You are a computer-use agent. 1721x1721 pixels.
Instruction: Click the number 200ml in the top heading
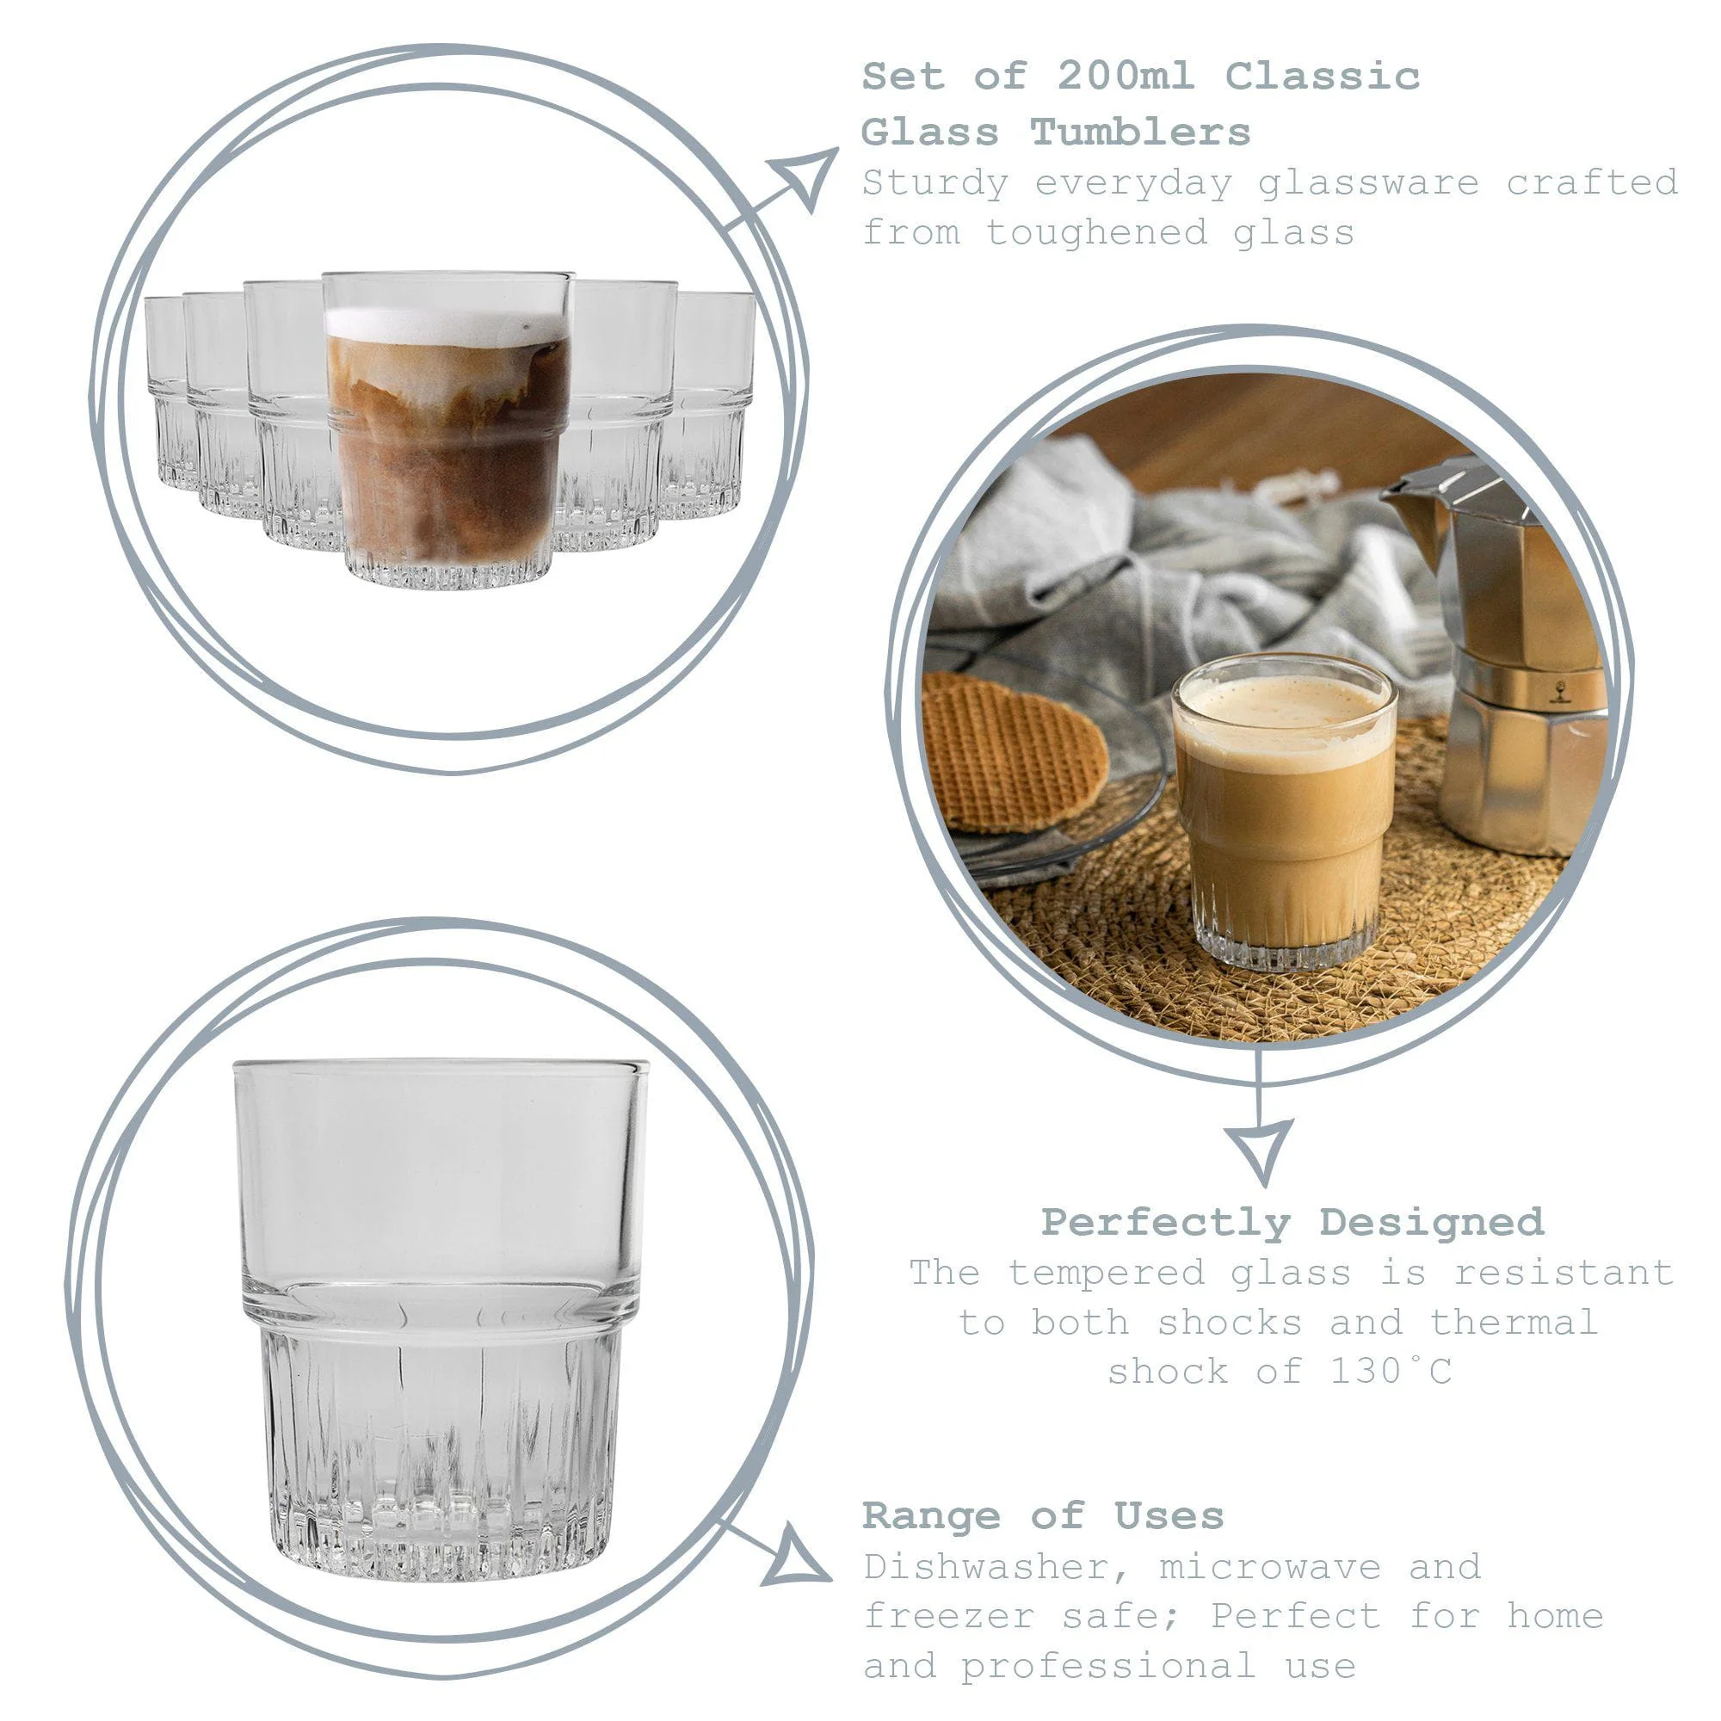[x=1125, y=76]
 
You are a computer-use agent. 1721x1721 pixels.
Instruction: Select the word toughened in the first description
[x=1096, y=232]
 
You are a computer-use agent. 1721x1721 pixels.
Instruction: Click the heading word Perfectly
[x=1166, y=1222]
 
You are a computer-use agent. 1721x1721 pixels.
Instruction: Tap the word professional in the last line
[x=1107, y=1665]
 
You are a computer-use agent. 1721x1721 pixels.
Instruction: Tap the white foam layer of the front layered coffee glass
[x=447, y=325]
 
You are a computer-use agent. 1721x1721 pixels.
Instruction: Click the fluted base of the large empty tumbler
[x=441, y=1461]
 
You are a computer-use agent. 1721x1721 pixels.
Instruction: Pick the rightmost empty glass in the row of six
[x=712, y=401]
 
